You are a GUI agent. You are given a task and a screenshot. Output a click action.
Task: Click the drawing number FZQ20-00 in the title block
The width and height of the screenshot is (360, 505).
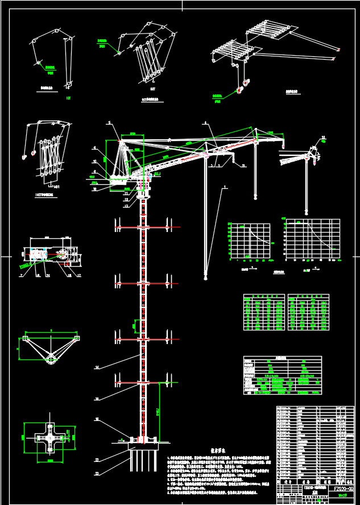(340, 488)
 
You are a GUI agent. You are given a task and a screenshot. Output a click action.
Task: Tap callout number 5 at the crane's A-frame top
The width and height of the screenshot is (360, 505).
(110, 123)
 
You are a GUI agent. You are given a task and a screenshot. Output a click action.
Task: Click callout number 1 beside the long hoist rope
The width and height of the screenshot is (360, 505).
(225, 187)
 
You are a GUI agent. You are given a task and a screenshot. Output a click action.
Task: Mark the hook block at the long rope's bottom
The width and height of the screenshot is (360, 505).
(205, 277)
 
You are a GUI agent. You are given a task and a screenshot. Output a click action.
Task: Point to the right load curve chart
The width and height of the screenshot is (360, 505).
(308, 240)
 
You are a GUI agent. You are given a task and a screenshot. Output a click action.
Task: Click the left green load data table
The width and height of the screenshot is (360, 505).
(264, 312)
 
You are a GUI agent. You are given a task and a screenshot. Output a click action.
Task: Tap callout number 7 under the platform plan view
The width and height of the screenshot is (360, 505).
(22, 275)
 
